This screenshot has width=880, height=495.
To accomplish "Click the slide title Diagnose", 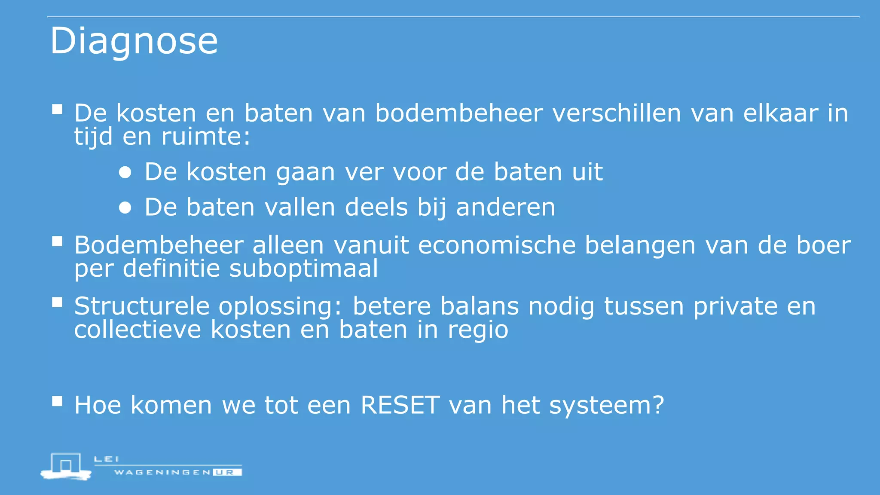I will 134,41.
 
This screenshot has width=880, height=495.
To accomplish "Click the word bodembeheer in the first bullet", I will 459,113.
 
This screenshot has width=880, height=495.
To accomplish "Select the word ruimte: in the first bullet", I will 205,137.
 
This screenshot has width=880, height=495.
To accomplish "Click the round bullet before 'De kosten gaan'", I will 125,173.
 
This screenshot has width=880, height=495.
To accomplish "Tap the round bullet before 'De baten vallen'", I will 125,208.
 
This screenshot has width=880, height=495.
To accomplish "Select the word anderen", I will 505,207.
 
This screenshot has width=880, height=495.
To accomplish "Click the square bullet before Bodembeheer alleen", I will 57,241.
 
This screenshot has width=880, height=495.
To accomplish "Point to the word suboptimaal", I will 303,269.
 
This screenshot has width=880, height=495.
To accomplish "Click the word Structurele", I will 142,306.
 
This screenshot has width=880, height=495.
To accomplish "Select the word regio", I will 478,330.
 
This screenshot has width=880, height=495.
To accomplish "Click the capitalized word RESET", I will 400,405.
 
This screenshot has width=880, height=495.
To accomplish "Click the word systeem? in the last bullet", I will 606,405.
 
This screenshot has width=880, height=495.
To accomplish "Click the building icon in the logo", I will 66,466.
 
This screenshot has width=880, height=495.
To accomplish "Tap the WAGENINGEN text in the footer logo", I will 162,472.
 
